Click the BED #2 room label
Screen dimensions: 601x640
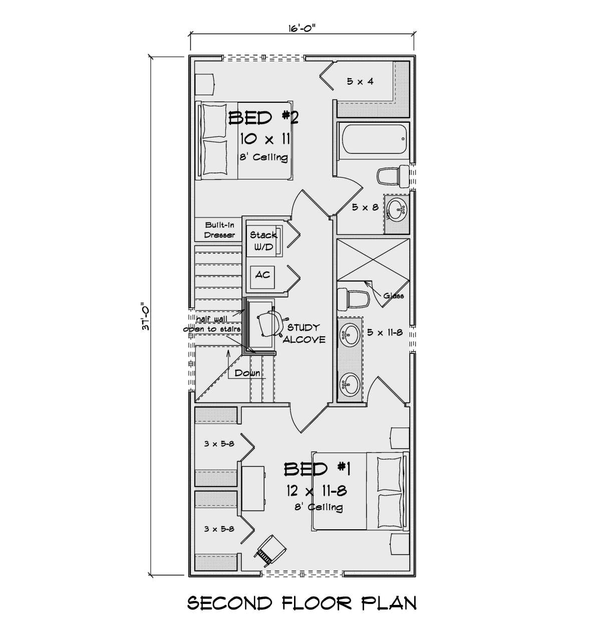[263, 118]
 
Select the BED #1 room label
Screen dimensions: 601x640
[317, 469]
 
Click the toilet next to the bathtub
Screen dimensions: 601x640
[393, 176]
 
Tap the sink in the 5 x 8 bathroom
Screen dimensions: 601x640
[397, 209]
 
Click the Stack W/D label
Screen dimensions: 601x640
[263, 241]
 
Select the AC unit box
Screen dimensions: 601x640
[262, 277]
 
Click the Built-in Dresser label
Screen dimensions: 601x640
[219, 230]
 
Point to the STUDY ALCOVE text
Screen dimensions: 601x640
[304, 334]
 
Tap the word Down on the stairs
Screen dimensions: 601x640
[247, 373]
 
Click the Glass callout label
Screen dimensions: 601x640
[394, 296]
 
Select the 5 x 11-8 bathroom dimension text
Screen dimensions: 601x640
[385, 332]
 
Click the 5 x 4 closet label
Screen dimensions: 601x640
[360, 82]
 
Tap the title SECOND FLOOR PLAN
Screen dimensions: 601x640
[302, 602]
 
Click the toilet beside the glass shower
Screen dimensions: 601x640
[353, 299]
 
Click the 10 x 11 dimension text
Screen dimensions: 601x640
[265, 139]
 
